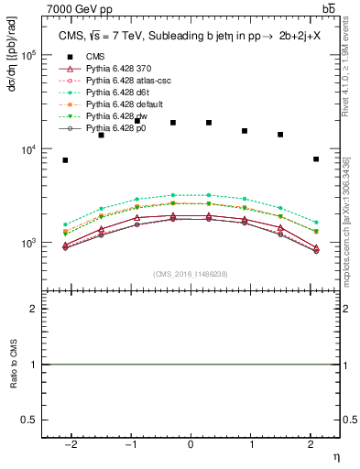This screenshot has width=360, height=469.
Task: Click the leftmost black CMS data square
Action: [65, 160]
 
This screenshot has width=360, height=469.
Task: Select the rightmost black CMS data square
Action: [315, 159]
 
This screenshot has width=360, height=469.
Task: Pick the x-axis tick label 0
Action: [190, 444]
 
